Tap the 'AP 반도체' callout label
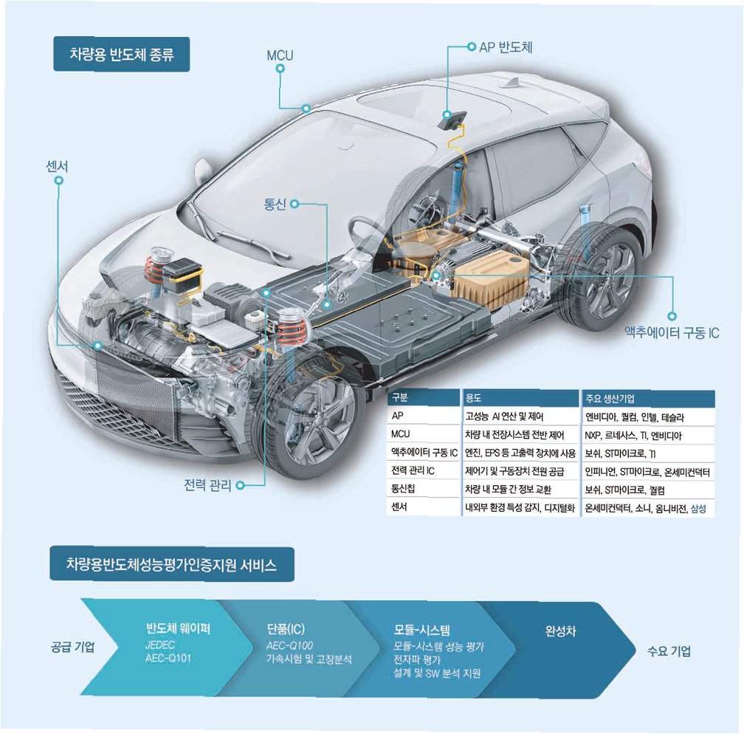coord(506,47)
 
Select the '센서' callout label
coord(57,167)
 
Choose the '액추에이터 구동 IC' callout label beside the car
coord(672,333)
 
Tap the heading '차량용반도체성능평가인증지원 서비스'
coord(172,566)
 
